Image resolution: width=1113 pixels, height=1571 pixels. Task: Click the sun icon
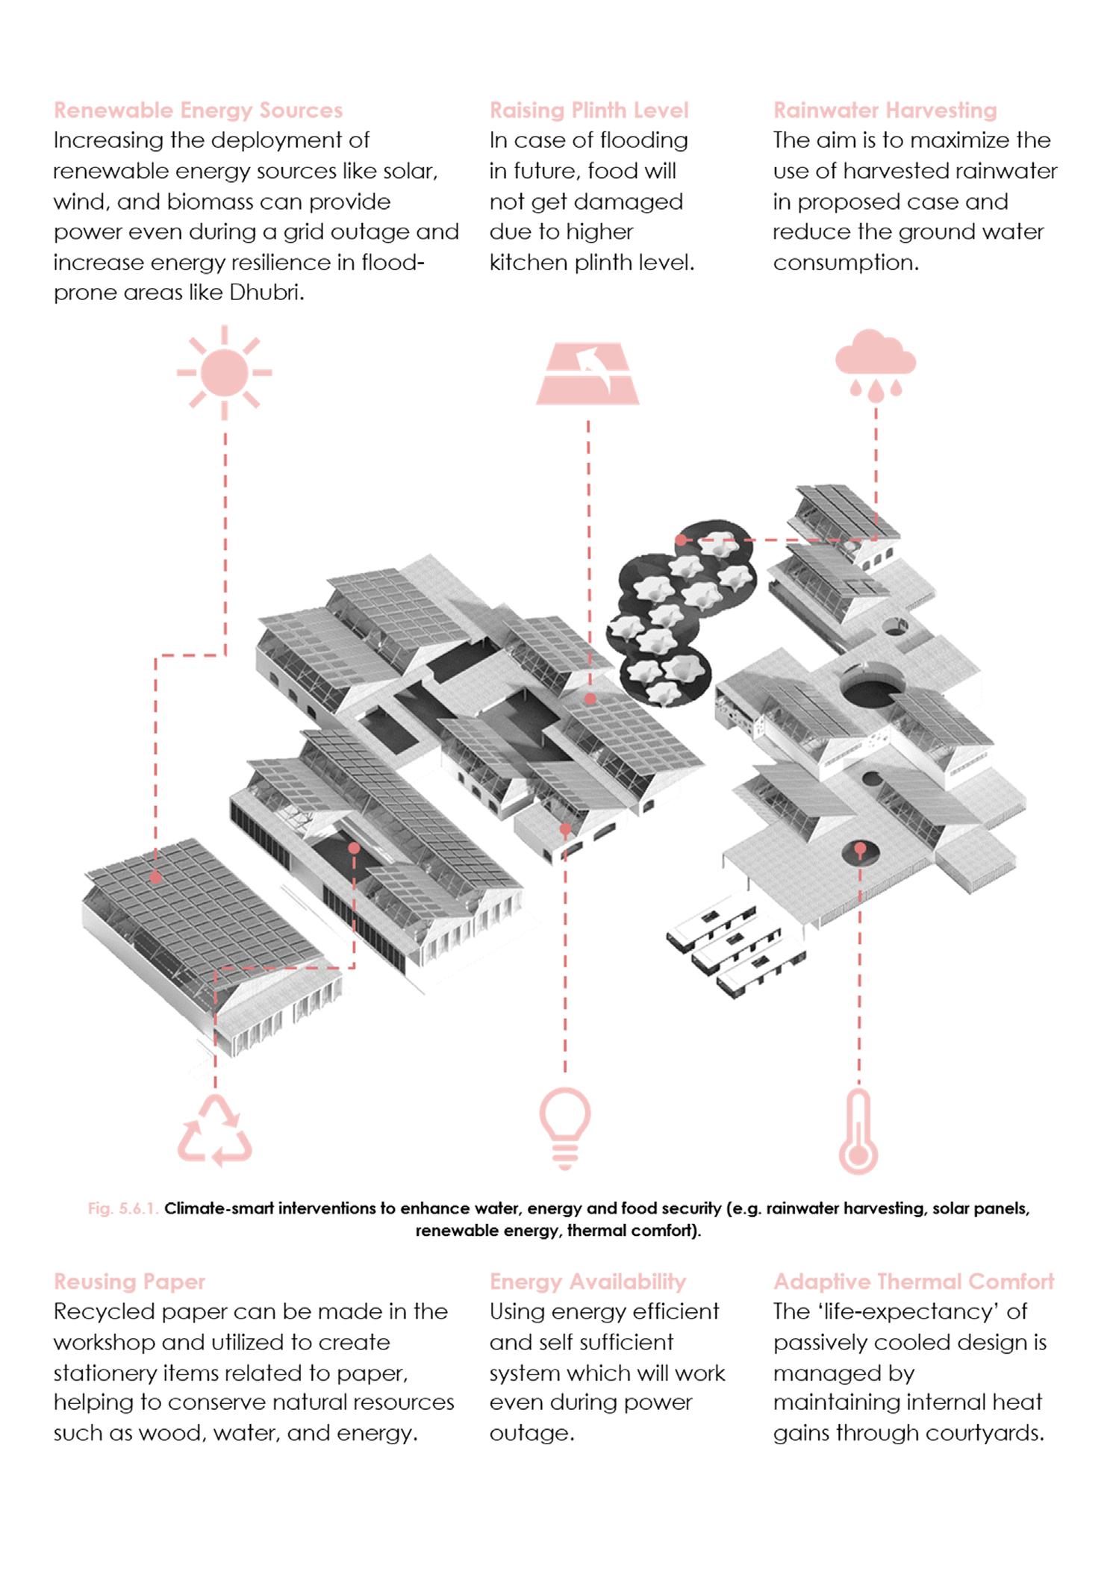[224, 372]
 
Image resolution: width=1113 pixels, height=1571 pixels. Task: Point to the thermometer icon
[858, 1131]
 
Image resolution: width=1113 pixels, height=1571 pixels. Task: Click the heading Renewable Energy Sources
[198, 110]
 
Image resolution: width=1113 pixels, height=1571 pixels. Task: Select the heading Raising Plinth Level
[589, 110]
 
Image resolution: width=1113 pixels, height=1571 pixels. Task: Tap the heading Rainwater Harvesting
[885, 110]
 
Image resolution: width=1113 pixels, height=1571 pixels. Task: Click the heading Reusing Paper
[129, 1282]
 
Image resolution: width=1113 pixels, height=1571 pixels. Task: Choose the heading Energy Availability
[587, 1282]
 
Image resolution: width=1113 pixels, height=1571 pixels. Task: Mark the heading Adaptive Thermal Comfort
[913, 1282]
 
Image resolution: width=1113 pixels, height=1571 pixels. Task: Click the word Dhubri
[266, 293]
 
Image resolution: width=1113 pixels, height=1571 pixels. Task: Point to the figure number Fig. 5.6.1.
[122, 1208]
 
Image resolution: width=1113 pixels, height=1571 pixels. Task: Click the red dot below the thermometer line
[860, 849]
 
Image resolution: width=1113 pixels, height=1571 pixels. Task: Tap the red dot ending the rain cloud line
[680, 539]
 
